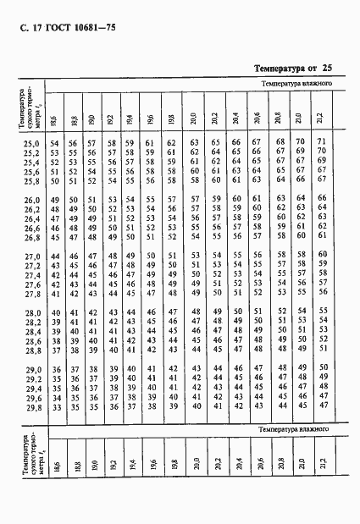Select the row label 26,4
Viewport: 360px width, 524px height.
(29, 219)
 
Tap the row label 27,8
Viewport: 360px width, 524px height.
(29, 295)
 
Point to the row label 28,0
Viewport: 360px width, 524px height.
(29, 314)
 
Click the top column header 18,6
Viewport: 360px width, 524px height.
(53, 119)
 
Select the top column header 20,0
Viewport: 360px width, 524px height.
(194, 119)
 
